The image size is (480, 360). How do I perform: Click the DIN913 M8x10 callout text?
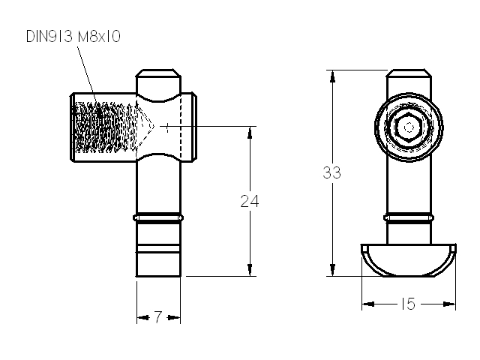[73, 37]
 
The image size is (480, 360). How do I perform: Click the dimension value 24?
[250, 201]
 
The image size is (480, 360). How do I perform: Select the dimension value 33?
[331, 172]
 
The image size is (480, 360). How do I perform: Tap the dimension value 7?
[157, 317]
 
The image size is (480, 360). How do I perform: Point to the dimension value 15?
[408, 304]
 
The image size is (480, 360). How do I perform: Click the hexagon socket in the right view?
[409, 127]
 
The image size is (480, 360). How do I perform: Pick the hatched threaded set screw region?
[105, 127]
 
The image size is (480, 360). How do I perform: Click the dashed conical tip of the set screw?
[145, 127]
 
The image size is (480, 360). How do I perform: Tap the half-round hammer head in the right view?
[409, 260]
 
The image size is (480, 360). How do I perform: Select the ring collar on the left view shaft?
[158, 217]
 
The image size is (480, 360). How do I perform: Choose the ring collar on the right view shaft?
[409, 217]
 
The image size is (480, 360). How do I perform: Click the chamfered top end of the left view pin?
[158, 73]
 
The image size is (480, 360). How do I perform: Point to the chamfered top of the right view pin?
[409, 73]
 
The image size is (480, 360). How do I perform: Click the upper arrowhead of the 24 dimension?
[250, 132]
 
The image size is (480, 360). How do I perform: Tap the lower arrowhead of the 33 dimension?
[332, 270]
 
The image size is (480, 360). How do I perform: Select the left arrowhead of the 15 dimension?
[368, 304]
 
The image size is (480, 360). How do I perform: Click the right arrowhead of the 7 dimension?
[174, 317]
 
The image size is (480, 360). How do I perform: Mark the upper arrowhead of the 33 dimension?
[332, 76]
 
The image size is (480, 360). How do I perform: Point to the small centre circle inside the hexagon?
[409, 127]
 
